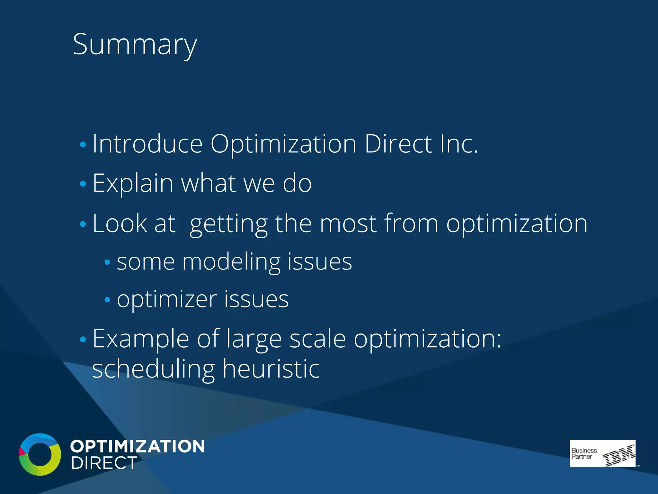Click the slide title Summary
tap(135, 45)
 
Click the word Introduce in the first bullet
tap(147, 144)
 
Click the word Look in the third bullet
tap(120, 223)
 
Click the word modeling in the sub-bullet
tap(231, 262)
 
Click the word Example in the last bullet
tap(141, 339)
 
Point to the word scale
tap(317, 339)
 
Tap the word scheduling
tap(153, 369)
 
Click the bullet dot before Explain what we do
tap(83, 184)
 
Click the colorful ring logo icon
tap(40, 454)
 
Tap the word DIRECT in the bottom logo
tap(104, 463)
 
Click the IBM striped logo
tap(618, 455)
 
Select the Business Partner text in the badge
tap(583, 453)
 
